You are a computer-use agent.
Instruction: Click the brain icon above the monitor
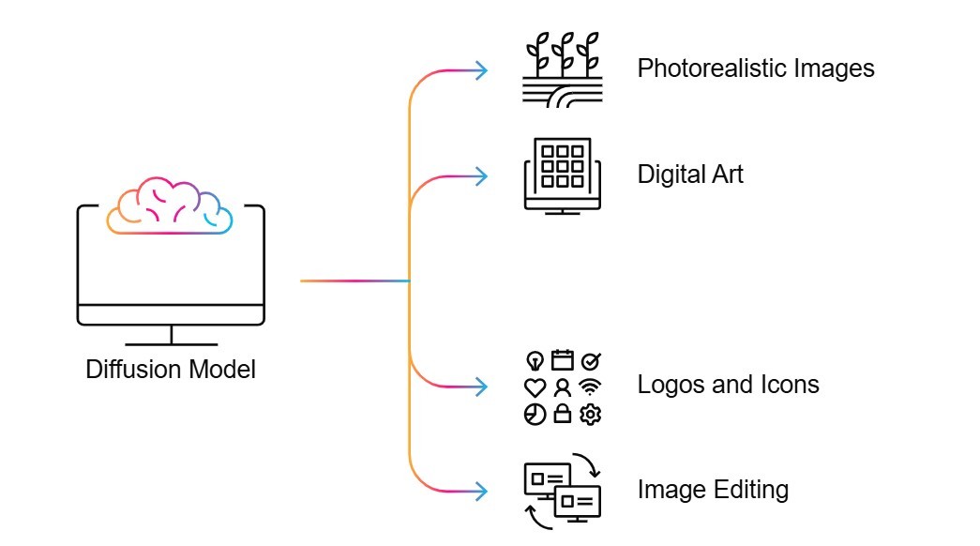(170, 205)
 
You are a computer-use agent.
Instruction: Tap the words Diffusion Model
(171, 369)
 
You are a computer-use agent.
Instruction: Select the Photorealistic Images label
(756, 68)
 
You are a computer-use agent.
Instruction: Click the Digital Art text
(690, 174)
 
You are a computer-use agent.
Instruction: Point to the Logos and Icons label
(728, 385)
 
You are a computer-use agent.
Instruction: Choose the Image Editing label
(713, 490)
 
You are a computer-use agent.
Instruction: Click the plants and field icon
(561, 69)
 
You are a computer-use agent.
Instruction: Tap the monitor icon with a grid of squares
(562, 175)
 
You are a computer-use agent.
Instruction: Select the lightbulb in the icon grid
(535, 360)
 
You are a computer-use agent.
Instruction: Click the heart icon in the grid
(535, 387)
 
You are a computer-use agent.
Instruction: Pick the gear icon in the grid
(590, 415)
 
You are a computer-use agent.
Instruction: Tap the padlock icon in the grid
(563, 415)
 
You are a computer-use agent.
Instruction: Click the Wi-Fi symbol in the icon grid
(590, 387)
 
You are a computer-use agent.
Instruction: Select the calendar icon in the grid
(563, 359)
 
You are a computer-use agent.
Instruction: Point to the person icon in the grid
(563, 387)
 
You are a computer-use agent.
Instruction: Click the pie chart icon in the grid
(535, 415)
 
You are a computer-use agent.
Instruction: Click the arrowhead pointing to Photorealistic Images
(482, 69)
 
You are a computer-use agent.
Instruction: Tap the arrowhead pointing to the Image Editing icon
(482, 490)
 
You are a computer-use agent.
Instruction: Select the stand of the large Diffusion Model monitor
(171, 337)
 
